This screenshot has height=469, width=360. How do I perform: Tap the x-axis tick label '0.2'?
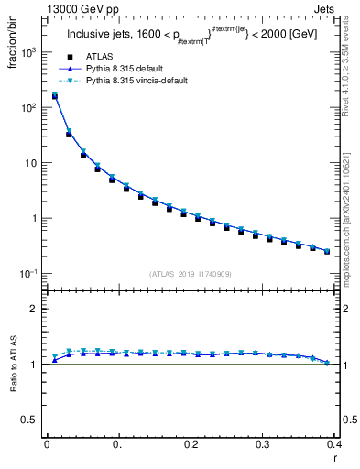(191, 444)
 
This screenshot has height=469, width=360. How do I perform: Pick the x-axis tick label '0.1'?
(118, 444)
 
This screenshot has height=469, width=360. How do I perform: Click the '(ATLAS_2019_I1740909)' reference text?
(190, 273)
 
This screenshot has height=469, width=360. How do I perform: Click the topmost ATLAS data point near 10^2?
(54, 96)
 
